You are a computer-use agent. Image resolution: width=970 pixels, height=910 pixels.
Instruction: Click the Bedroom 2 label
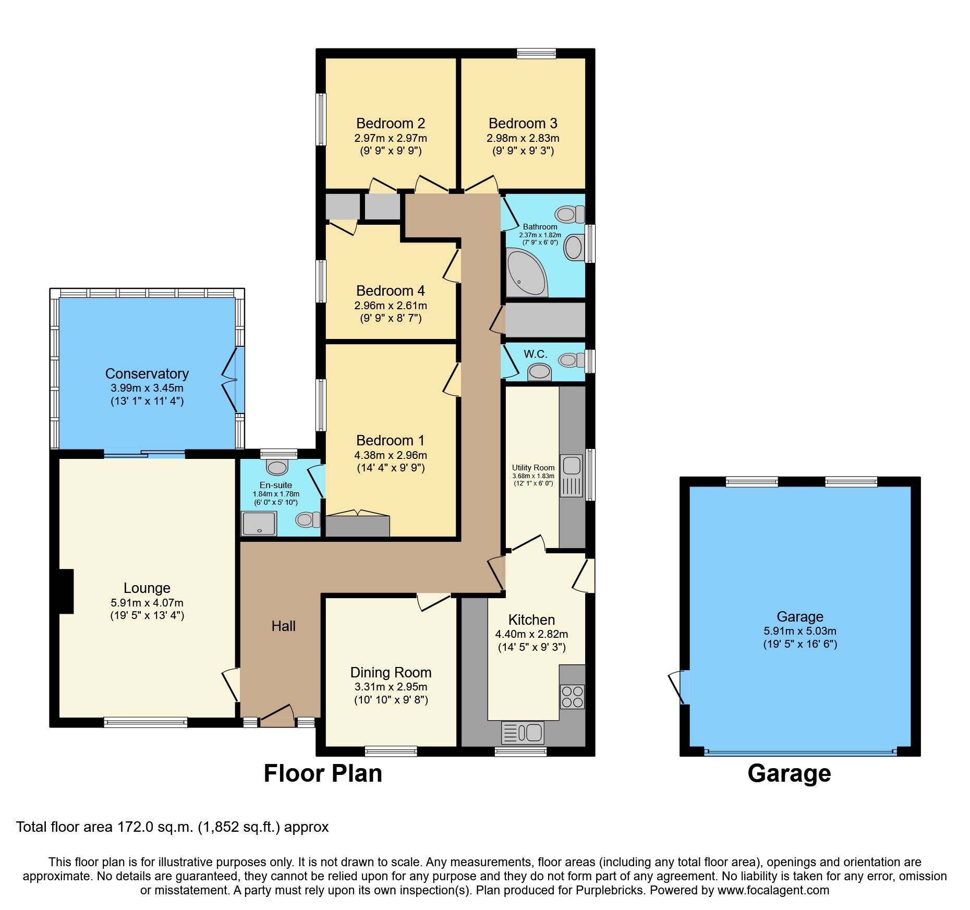[x=390, y=124]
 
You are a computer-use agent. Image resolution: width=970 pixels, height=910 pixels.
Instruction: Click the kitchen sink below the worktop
[x=523, y=733]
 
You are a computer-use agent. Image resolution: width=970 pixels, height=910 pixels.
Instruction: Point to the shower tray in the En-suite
[x=259, y=523]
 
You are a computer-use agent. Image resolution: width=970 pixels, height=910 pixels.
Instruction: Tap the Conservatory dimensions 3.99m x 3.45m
[x=147, y=388]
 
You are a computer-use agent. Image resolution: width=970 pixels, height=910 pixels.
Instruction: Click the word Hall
[x=283, y=626]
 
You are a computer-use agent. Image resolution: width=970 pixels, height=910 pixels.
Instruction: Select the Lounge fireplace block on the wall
[x=66, y=591]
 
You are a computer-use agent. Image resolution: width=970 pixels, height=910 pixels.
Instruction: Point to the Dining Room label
[x=391, y=672]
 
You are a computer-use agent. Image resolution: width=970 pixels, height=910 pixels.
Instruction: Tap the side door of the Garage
[x=678, y=687]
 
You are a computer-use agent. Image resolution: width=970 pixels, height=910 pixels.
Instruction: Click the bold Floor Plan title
[x=323, y=773]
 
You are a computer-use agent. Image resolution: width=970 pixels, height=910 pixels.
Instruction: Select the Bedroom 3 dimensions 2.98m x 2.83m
[x=523, y=138]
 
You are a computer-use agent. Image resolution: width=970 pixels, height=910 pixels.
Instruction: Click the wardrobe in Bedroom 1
[x=357, y=526]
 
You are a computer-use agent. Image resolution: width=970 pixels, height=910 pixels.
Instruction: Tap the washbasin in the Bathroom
[x=573, y=247]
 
